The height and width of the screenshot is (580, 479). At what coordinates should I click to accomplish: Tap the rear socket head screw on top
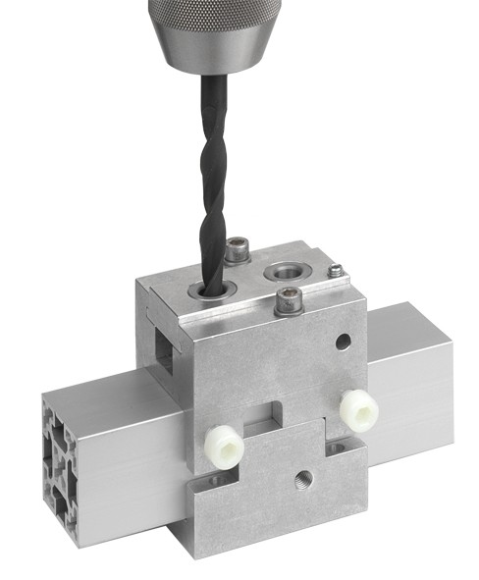[237, 250]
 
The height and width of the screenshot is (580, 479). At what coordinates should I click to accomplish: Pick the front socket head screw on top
[288, 300]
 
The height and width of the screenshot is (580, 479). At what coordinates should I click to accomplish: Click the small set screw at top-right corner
[336, 270]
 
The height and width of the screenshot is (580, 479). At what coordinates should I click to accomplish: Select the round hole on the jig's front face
[343, 343]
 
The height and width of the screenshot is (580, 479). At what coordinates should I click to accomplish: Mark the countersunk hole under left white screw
[208, 481]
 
